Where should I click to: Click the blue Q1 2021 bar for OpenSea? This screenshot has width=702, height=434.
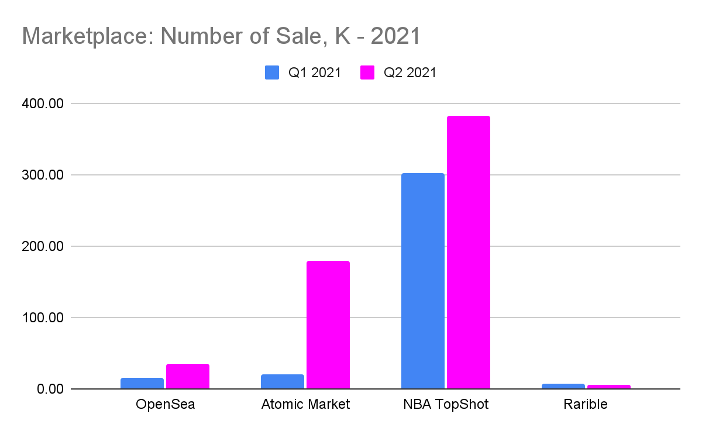click(142, 384)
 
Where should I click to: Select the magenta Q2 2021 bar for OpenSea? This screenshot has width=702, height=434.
click(188, 377)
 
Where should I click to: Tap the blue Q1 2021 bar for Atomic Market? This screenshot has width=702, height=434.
click(283, 382)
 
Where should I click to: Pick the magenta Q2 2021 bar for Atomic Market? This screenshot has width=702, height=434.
click(328, 325)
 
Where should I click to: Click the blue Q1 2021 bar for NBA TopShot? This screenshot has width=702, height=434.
click(423, 281)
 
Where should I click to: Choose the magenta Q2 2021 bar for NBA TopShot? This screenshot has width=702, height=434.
click(469, 253)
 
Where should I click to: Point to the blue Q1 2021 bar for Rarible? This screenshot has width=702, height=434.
click(563, 386)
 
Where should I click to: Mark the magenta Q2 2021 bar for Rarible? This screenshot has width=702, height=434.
click(609, 387)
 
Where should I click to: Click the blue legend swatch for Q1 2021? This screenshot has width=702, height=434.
click(272, 73)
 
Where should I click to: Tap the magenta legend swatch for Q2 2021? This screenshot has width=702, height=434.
click(367, 73)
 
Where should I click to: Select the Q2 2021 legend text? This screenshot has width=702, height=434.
click(409, 73)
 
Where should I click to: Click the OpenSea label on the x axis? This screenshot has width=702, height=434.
click(165, 404)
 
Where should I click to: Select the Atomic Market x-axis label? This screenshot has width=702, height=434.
click(305, 404)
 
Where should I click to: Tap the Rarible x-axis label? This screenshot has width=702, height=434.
click(586, 404)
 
